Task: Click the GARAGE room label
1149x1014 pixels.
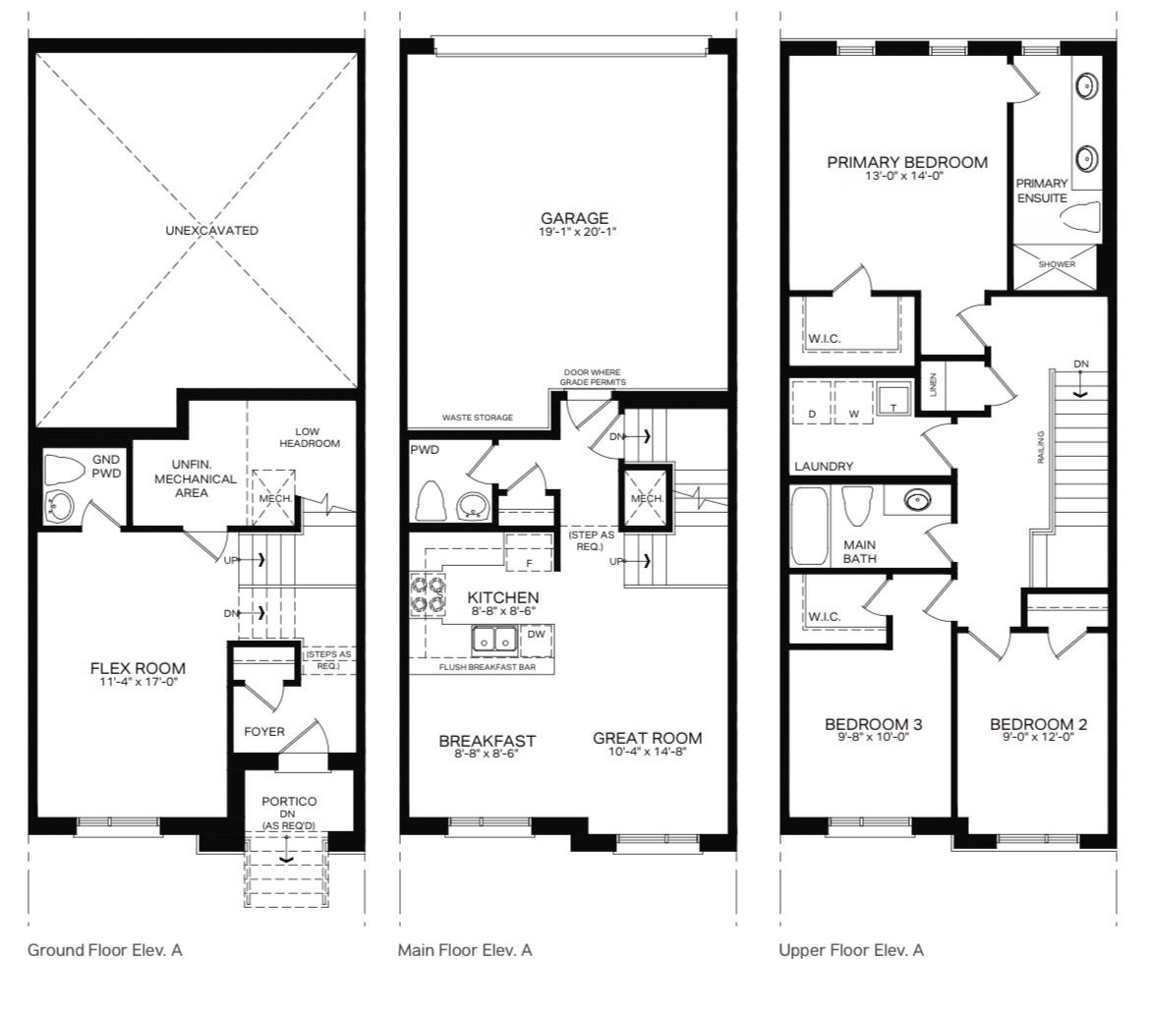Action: point(574,217)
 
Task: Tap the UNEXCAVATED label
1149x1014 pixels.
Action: point(211,230)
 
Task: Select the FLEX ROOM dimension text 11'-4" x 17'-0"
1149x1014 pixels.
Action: point(140,682)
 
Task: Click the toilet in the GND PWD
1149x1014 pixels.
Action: point(64,469)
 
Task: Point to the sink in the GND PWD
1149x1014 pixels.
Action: point(59,506)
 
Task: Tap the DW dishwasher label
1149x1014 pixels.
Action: point(537,634)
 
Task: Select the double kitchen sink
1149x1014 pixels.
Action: point(493,639)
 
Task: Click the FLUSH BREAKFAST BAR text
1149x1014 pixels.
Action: point(488,667)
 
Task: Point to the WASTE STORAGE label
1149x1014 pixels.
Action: point(478,418)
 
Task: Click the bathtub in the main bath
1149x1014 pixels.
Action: point(810,526)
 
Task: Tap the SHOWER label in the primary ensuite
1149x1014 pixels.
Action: point(1057,264)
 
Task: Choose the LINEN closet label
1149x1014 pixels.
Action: point(933,384)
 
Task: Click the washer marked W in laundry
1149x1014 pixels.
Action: point(854,402)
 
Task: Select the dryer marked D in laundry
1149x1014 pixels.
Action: point(812,402)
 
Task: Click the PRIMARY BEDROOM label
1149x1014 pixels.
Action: point(907,162)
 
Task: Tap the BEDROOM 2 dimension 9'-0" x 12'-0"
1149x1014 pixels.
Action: point(1038,737)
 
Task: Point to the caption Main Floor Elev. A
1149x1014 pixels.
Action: point(465,950)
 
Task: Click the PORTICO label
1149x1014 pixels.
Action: point(289,802)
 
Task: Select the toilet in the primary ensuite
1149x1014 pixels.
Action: point(1081,218)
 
